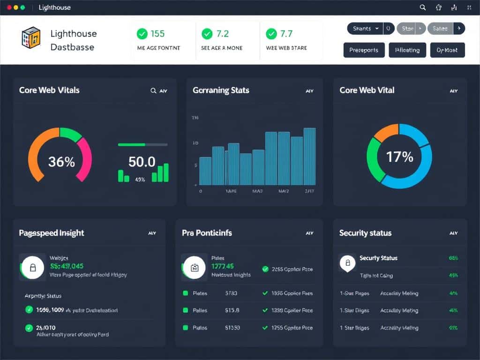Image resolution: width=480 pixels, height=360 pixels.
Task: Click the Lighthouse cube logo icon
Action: (31, 38)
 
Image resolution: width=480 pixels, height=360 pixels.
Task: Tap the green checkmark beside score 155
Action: (142, 34)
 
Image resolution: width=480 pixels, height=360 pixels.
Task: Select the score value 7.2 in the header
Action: (222, 34)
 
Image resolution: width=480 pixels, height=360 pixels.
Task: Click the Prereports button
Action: (364, 50)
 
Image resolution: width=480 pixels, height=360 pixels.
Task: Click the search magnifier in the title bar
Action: (422, 7)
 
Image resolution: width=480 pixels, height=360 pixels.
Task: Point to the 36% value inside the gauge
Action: (61, 162)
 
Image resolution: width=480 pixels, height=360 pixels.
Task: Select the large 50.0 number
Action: (142, 162)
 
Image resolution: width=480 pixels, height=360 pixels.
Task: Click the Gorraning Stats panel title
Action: (221, 90)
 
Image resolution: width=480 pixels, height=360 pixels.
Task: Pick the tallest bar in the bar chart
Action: (309, 156)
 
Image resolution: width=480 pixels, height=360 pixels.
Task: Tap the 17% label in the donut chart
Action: (399, 157)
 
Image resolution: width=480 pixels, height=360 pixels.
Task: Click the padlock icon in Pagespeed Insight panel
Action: (33, 268)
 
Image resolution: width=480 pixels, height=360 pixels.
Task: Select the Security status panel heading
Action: (365, 233)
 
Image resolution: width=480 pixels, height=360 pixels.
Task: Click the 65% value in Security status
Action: (453, 258)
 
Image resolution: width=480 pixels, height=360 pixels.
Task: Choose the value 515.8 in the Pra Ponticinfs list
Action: (232, 310)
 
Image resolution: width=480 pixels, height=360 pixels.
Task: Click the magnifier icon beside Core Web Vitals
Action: (153, 90)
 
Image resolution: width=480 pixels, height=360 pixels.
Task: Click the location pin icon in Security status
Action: (347, 263)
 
